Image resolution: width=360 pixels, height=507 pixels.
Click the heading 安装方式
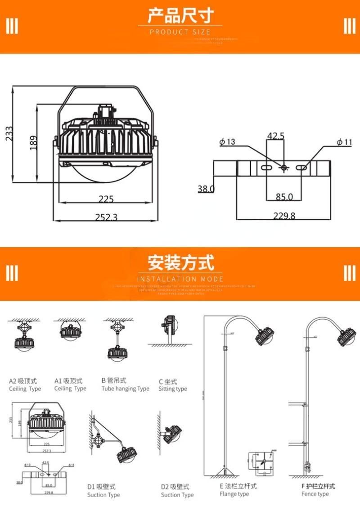click(180, 262)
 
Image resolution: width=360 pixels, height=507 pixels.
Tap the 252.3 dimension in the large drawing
click(106, 217)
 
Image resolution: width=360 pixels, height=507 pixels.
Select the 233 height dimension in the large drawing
click(9, 133)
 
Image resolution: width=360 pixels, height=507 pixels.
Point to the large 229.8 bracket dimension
click(284, 216)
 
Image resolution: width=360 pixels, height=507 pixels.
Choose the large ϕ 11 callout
click(344, 142)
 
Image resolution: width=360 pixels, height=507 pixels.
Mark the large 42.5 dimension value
click(276, 136)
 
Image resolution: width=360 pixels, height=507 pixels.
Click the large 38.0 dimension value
click(206, 189)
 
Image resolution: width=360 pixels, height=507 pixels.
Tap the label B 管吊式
click(114, 381)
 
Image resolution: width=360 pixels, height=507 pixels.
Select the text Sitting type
click(172, 389)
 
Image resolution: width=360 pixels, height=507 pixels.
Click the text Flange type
click(234, 494)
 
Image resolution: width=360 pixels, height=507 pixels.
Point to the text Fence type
click(315, 494)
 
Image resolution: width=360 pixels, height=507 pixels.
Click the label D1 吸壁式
click(101, 487)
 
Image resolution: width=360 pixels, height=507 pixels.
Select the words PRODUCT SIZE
click(180, 32)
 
